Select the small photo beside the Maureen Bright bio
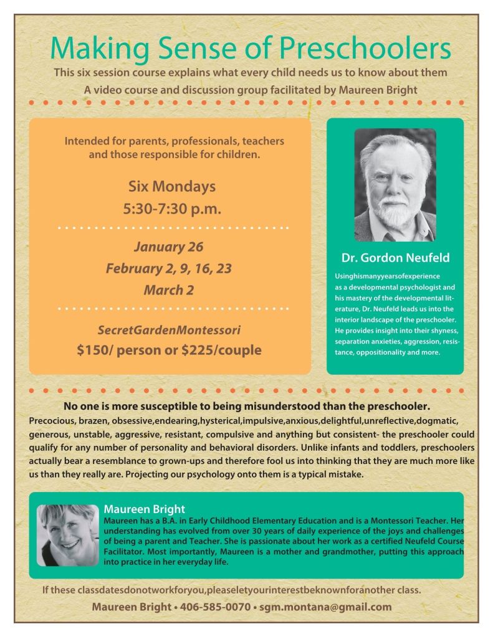pyautogui.click(x=68, y=535)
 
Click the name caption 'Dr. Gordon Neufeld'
pyautogui.click(x=395, y=258)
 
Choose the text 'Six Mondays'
pyautogui.click(x=172, y=186)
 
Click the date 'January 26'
pyautogui.click(x=169, y=247)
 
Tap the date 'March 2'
pyautogui.click(x=164, y=290)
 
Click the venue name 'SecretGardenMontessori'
pyautogui.click(x=170, y=329)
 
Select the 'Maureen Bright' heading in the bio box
pyautogui.click(x=145, y=508)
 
